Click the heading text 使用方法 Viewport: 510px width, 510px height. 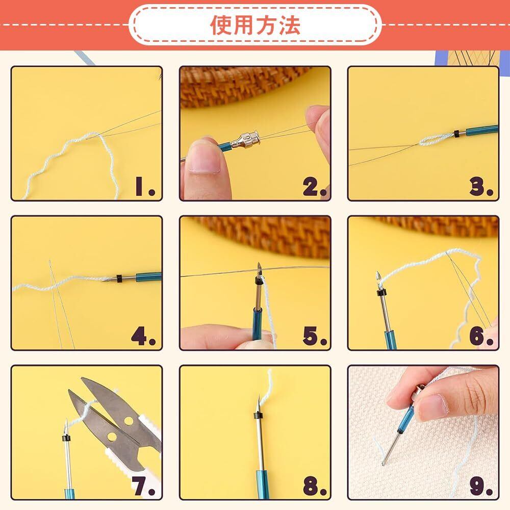pyautogui.click(x=255, y=24)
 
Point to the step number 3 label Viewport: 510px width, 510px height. pyautogui.click(x=481, y=187)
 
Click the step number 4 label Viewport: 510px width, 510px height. pyautogui.click(x=143, y=336)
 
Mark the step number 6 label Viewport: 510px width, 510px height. pyautogui.click(x=481, y=336)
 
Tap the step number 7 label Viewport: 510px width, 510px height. pyautogui.click(x=144, y=486)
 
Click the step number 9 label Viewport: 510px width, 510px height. pyautogui.click(x=481, y=486)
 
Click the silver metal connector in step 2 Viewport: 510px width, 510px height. pyautogui.click(x=245, y=141)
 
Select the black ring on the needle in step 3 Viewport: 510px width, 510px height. pyautogui.click(x=457, y=133)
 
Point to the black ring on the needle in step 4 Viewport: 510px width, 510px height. pyautogui.click(x=119, y=278)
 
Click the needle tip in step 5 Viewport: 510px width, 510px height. pyautogui.click(x=259, y=263)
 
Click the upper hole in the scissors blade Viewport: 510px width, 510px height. pyautogui.click(x=129, y=421)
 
